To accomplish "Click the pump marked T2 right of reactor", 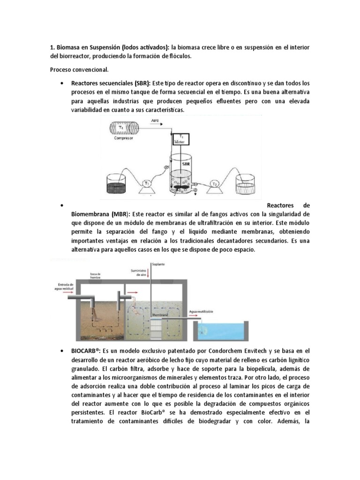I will point(215,184).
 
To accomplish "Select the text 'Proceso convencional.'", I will point(79,69).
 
